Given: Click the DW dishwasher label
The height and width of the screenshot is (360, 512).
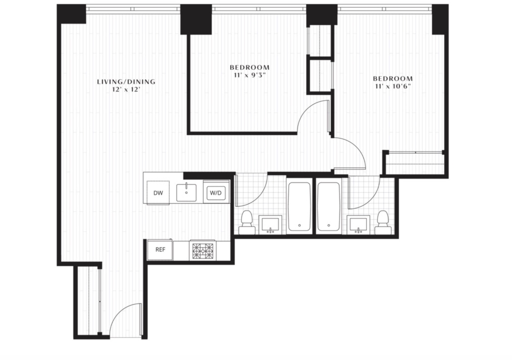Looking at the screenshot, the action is pos(158,193).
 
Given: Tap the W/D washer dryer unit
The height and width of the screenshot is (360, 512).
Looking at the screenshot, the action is pos(216,192).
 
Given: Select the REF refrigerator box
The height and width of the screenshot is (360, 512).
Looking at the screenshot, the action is pos(160,249).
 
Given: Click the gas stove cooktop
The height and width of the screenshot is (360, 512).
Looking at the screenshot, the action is pos(202,250).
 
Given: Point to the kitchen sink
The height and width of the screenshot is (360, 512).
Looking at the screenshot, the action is pos(186,192).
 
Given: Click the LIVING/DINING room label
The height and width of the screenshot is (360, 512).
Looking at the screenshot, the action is pos(126,81).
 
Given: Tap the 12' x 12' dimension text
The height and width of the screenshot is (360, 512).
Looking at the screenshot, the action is pos(126,90).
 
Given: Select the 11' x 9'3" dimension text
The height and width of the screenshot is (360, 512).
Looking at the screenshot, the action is pos(250,75).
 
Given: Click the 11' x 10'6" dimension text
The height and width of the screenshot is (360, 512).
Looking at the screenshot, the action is pos(393,86).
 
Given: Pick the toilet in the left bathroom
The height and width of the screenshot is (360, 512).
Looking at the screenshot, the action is pos(247,222).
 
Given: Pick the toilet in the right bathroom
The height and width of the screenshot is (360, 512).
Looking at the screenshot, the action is pos(382,222).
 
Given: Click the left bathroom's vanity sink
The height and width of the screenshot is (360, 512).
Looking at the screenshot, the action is pos(270,224).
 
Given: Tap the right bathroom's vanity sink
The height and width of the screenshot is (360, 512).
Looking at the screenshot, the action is pos(358,224).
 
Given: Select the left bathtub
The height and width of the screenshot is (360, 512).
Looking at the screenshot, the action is pos(299,206).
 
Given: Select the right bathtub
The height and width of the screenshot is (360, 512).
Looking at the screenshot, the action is pos(329,206).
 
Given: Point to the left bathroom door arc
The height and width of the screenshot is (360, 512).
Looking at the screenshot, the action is pos(261,196).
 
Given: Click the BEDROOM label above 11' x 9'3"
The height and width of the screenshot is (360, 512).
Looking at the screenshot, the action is pos(250,67).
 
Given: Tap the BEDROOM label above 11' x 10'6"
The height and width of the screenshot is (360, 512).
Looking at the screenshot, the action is pos(393,78).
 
